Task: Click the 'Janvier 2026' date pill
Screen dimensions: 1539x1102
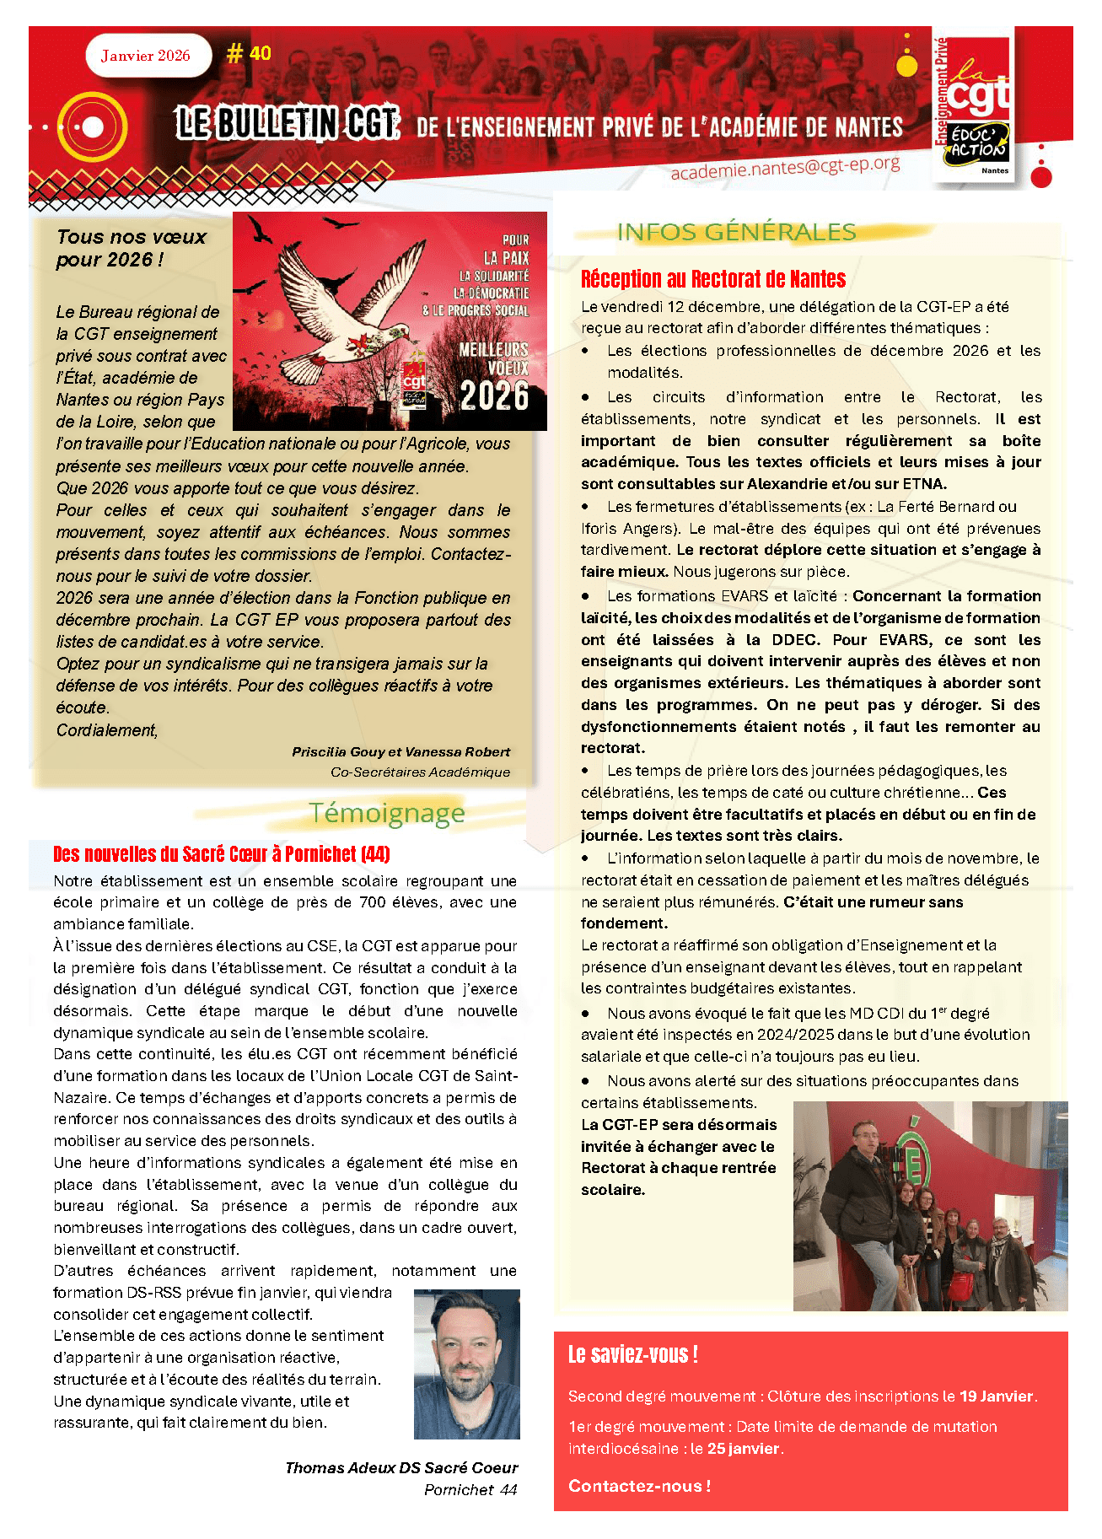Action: pos(147,57)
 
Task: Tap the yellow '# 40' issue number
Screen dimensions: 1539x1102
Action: pos(249,54)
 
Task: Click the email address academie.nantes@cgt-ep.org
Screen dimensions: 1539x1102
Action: pos(785,166)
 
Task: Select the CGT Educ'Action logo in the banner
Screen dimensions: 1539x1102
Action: pos(974,106)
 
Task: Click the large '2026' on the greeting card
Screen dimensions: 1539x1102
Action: pos(494,396)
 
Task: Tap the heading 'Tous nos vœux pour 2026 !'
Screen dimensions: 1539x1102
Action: pos(132,248)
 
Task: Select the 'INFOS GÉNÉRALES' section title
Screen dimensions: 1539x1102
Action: pos(736,232)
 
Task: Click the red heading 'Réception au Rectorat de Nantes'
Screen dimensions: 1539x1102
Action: pos(712,279)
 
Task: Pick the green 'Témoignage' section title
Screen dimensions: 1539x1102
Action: pos(387,813)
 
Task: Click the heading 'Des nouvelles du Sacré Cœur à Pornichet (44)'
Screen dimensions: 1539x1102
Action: pos(221,854)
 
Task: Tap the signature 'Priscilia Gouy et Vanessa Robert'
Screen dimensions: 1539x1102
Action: pos(400,751)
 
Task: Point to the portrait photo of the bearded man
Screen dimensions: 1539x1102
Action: pos(466,1364)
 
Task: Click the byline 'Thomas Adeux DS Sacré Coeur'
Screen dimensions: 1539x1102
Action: pos(401,1468)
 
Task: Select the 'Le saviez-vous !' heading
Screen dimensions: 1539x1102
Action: pos(632,1355)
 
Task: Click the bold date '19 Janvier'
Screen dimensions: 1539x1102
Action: pos(996,1396)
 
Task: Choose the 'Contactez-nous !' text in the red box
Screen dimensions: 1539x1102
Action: pos(639,1486)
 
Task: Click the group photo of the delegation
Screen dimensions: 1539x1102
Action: pos(930,1206)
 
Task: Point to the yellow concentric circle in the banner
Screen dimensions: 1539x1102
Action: pos(92,127)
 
